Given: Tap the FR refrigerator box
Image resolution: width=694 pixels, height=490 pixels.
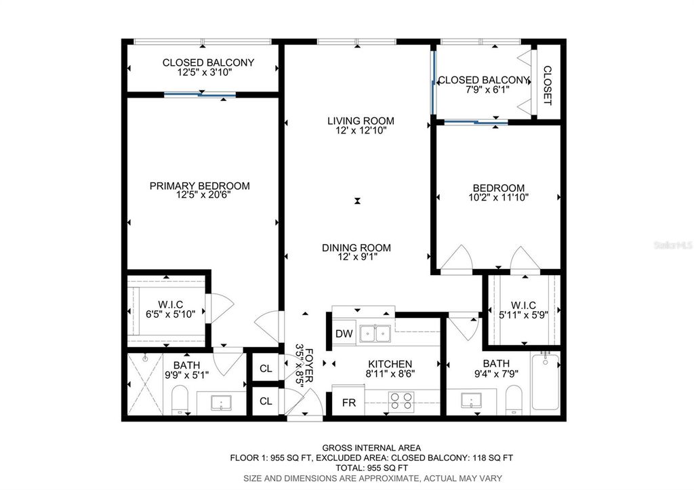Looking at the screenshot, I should [x=348, y=403].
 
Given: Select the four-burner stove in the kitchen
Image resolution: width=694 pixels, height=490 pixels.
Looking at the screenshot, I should [x=401, y=402].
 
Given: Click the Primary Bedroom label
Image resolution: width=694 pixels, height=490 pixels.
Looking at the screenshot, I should [x=199, y=186].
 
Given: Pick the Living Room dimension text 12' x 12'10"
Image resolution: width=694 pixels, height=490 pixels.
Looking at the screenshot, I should [x=361, y=131].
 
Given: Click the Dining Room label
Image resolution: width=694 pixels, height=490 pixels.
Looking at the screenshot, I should [x=356, y=248].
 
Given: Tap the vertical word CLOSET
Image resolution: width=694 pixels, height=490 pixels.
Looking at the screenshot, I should [x=548, y=85].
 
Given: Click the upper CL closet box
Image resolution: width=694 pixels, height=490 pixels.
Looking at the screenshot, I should [x=266, y=369].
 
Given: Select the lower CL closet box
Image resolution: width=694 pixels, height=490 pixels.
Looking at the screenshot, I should [x=266, y=401].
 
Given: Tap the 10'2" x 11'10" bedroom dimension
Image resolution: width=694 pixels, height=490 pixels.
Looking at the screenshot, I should [x=498, y=198].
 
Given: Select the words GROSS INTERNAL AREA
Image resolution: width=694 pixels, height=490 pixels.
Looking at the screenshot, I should [x=371, y=448].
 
